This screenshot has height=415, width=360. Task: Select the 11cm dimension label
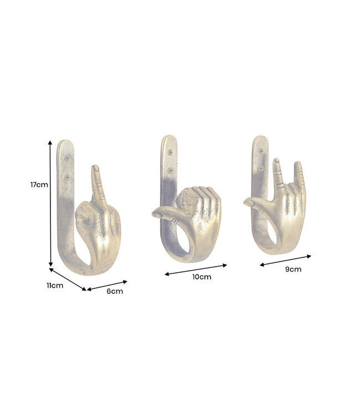(54, 286)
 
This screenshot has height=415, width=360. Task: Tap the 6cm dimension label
(114, 291)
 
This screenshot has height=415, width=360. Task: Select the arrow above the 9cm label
(286, 261)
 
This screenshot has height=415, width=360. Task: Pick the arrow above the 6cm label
(107, 284)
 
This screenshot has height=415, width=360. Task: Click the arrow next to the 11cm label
(68, 279)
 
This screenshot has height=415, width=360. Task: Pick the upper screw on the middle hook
(170, 149)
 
